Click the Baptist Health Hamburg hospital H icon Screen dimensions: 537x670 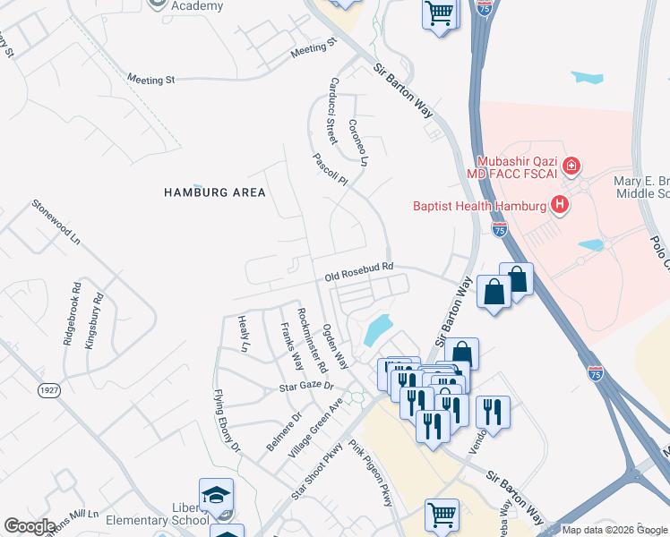click(561, 206)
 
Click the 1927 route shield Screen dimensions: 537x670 click(48, 390)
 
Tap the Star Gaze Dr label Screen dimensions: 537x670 click(305, 387)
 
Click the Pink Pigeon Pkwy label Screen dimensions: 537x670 click(371, 473)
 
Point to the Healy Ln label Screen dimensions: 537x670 click(243, 332)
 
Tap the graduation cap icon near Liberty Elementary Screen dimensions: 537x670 click(216, 496)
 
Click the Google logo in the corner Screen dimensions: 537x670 click(30, 526)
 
